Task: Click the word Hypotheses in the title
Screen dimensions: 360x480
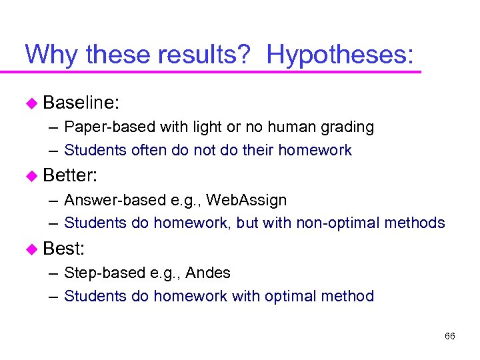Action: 339,54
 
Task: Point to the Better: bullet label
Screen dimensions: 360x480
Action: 71,176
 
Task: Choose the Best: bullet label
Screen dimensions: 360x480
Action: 64,249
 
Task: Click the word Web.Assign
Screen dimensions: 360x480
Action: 247,200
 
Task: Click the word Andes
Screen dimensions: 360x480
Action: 208,273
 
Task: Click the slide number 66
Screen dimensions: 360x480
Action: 449,336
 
